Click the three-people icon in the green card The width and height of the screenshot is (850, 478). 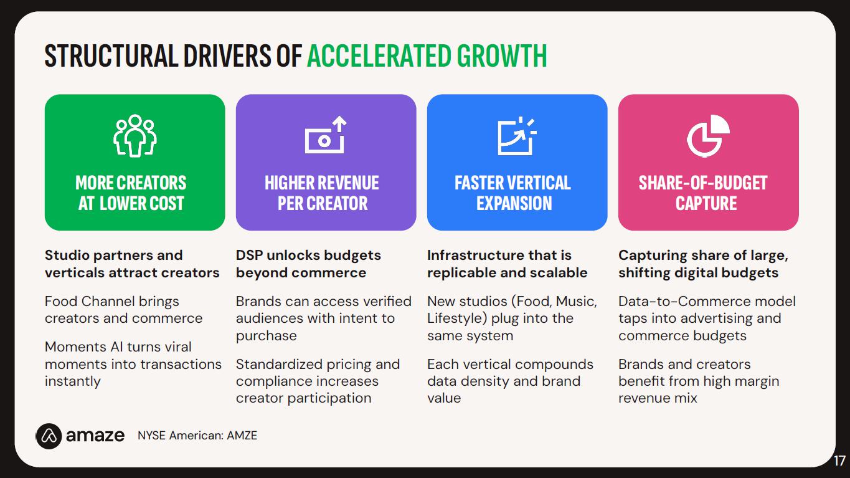tap(135, 135)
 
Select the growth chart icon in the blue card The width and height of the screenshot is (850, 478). tap(517, 136)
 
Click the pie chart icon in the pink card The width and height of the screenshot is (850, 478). tap(708, 136)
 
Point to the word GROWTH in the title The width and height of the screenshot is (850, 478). tap(502, 55)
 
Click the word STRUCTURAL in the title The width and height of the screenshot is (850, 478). tap(111, 55)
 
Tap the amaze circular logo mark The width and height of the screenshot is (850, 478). tap(49, 436)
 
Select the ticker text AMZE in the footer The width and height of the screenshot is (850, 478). tap(242, 435)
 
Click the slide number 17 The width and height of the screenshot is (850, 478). tap(839, 461)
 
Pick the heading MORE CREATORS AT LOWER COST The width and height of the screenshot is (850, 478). tap(131, 193)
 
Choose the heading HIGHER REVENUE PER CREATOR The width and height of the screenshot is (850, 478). tap(322, 193)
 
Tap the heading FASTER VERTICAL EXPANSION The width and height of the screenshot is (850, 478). tap(513, 193)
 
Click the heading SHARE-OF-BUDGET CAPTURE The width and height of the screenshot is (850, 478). tap(703, 193)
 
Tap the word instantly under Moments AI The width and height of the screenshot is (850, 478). tap(72, 381)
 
